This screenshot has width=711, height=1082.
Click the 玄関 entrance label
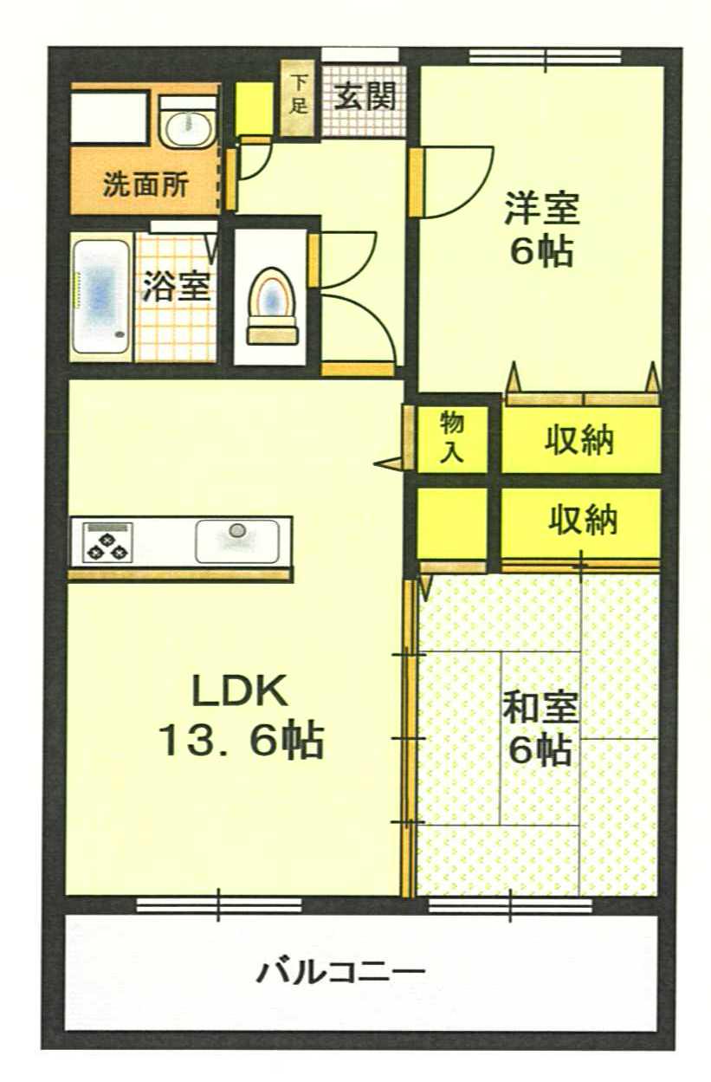click(x=365, y=96)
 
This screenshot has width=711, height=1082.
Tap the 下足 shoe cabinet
click(x=298, y=98)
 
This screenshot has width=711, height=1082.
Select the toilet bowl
click(x=273, y=307)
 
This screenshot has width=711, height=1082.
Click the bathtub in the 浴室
click(x=100, y=296)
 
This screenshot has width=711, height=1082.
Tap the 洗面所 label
click(x=145, y=185)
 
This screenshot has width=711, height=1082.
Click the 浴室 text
click(x=176, y=287)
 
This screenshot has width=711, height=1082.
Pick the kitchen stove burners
click(x=107, y=543)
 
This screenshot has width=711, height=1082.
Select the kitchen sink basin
click(x=236, y=541)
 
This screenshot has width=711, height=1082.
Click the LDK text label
click(x=240, y=691)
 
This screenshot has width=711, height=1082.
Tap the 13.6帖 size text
click(x=241, y=740)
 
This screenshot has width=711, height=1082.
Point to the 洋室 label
click(x=541, y=209)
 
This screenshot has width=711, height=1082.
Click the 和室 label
click(x=540, y=709)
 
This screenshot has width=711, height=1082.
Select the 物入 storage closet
click(x=451, y=439)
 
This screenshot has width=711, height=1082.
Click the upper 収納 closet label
click(x=579, y=440)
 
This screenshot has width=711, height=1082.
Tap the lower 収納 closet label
click(x=583, y=520)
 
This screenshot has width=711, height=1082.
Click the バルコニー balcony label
click(x=340, y=973)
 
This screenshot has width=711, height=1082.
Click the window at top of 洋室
click(x=546, y=56)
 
